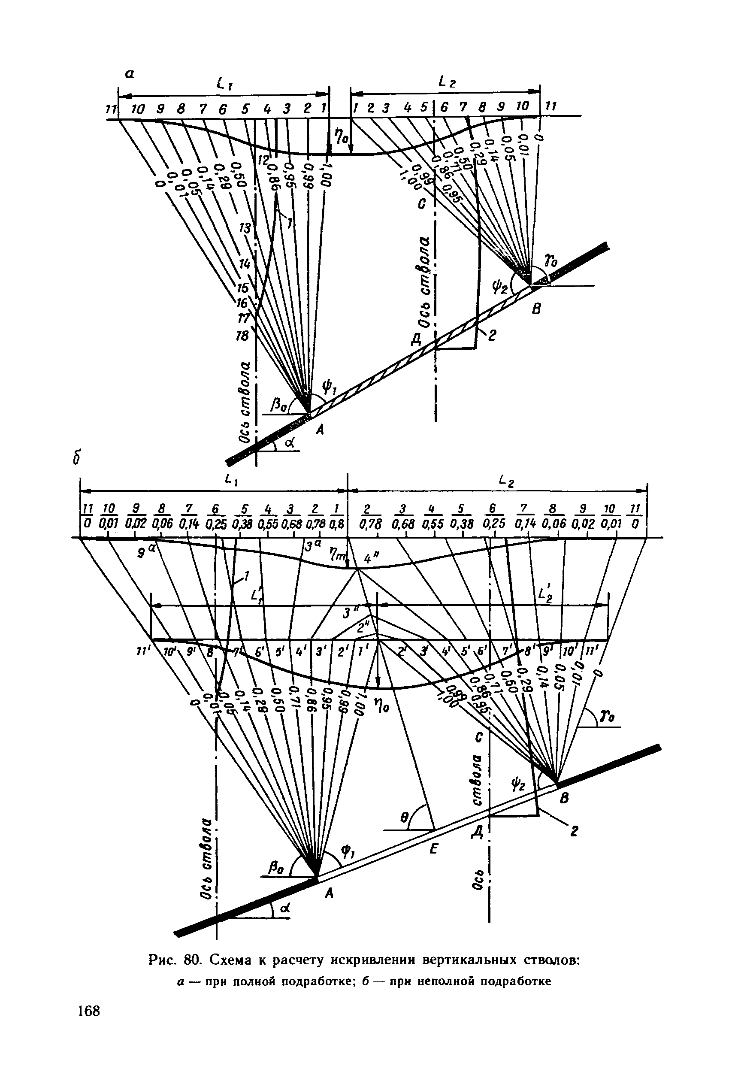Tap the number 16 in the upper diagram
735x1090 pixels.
(x=243, y=303)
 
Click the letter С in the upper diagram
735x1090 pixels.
(x=421, y=206)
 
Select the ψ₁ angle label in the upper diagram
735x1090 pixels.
(x=327, y=388)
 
